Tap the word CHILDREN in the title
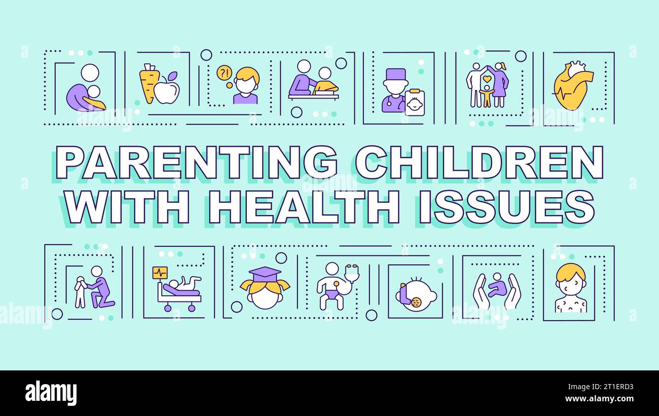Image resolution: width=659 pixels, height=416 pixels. (479, 162)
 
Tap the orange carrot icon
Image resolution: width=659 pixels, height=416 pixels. (149, 83)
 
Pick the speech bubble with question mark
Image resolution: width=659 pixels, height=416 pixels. (224, 72)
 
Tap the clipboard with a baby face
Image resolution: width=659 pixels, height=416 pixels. (414, 103)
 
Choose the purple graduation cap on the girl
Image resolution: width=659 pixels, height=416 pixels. (265, 274)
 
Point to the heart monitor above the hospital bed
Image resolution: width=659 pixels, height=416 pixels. (160, 273)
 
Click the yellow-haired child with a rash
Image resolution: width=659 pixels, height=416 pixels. (571, 287)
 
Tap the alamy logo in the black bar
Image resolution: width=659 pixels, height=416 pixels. (51, 393)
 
